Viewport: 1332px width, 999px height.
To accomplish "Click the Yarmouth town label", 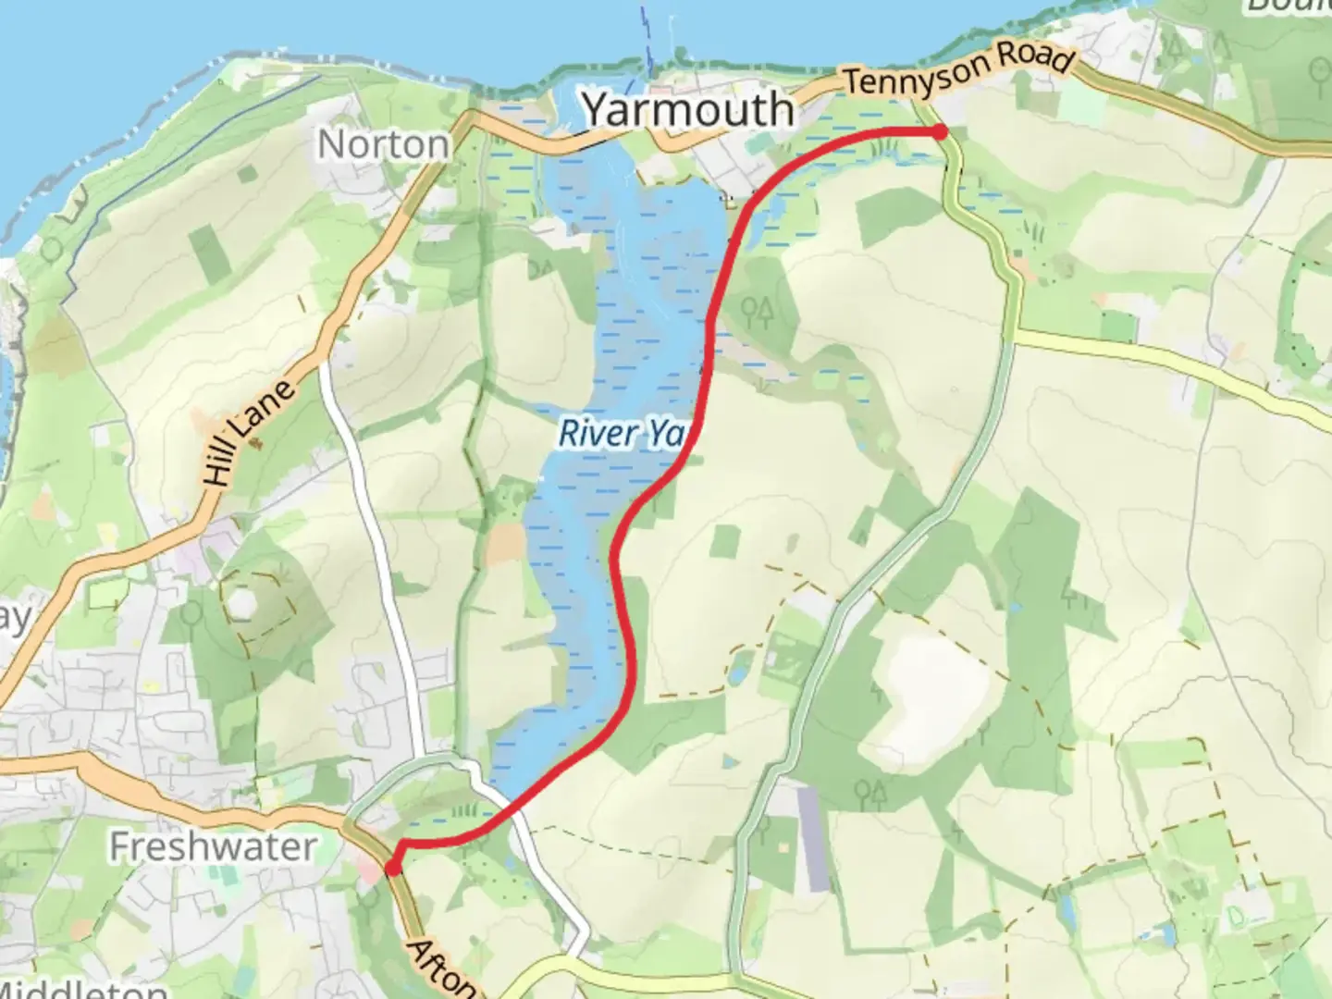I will pyautogui.click(x=688, y=110).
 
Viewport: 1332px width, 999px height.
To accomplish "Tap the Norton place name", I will pyautogui.click(x=383, y=144).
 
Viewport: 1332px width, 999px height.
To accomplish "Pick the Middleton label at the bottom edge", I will pyautogui.click(x=83, y=990).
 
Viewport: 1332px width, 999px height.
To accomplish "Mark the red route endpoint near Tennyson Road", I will pyautogui.click(x=940, y=132).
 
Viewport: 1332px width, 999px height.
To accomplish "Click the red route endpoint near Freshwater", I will pyautogui.click(x=392, y=868).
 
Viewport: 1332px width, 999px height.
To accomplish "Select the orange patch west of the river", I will pyautogui.click(x=504, y=544).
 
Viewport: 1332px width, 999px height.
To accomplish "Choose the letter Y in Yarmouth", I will pyautogui.click(x=600, y=110).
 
